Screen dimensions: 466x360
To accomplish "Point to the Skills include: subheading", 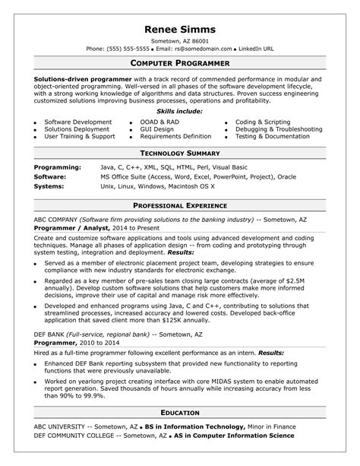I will [x=180, y=111].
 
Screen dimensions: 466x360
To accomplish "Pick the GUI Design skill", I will [x=157, y=129].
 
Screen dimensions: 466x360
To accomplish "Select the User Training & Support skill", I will [x=79, y=137].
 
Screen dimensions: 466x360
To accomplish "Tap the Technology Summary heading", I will [x=180, y=153].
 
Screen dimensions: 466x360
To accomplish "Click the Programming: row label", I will [x=58, y=166].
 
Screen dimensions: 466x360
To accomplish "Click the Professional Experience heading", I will [x=180, y=205].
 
